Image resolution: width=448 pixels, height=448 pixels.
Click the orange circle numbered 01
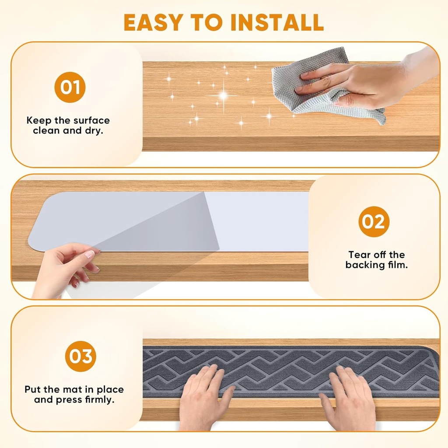[70, 87]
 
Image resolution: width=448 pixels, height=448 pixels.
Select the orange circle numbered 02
[374, 222]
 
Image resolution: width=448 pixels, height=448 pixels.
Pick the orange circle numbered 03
[80, 356]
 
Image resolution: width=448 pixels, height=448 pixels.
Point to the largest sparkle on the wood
[224, 95]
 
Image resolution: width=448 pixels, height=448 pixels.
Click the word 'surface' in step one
[90, 120]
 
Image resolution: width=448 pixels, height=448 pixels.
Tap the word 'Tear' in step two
[358, 255]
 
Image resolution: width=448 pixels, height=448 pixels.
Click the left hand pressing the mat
[203, 396]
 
